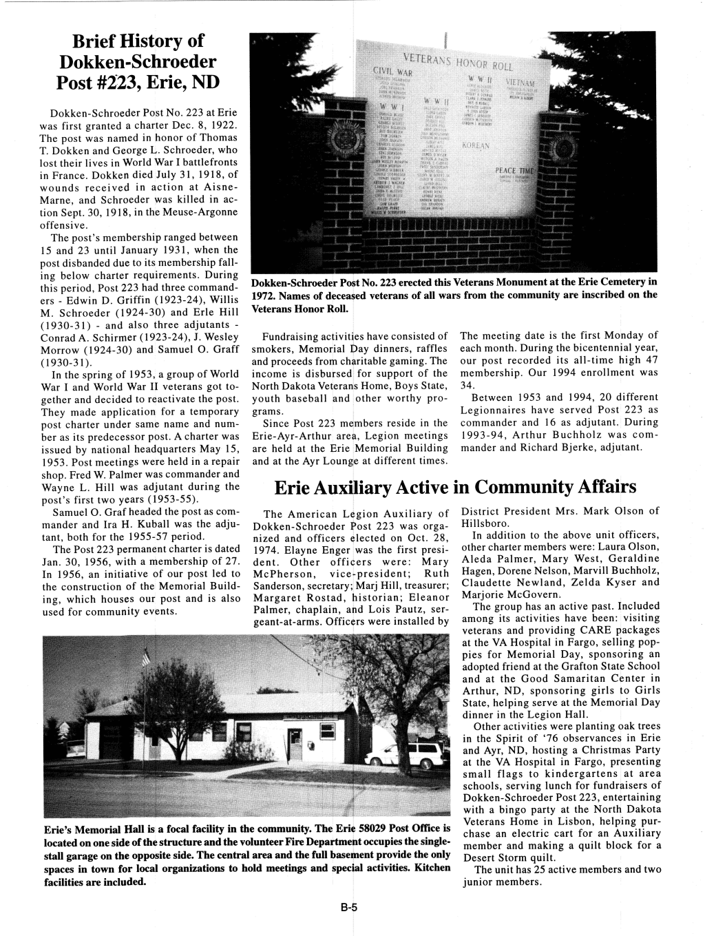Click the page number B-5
[x=352, y=908]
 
